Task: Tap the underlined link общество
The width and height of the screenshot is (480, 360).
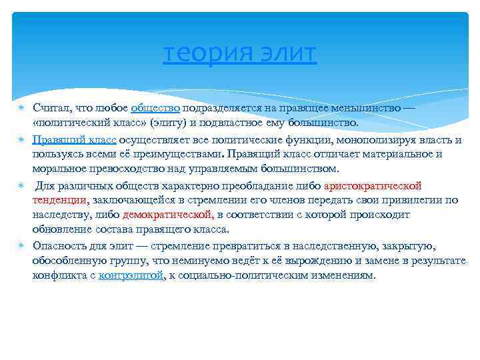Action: (x=155, y=108)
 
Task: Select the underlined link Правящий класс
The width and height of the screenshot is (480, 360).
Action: (x=74, y=139)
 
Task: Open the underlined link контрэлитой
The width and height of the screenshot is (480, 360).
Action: (x=131, y=275)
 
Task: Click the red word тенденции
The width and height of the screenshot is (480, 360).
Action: (x=59, y=200)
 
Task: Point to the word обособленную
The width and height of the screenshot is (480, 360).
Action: (x=69, y=260)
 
